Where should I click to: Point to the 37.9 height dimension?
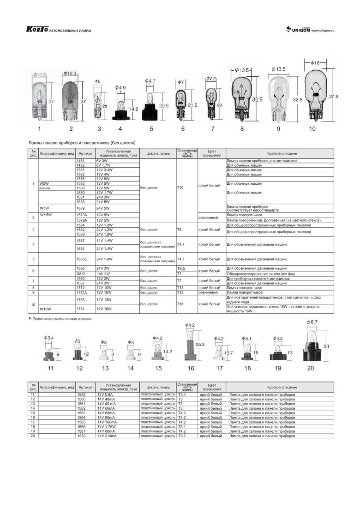[x=334, y=97]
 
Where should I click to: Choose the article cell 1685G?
[x=84, y=259]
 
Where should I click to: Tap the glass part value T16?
[x=180, y=304]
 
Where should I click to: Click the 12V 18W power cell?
[x=103, y=309]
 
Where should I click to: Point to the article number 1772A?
[x=84, y=292]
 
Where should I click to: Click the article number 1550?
[x=82, y=436]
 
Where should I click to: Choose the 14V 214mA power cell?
[x=107, y=436]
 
